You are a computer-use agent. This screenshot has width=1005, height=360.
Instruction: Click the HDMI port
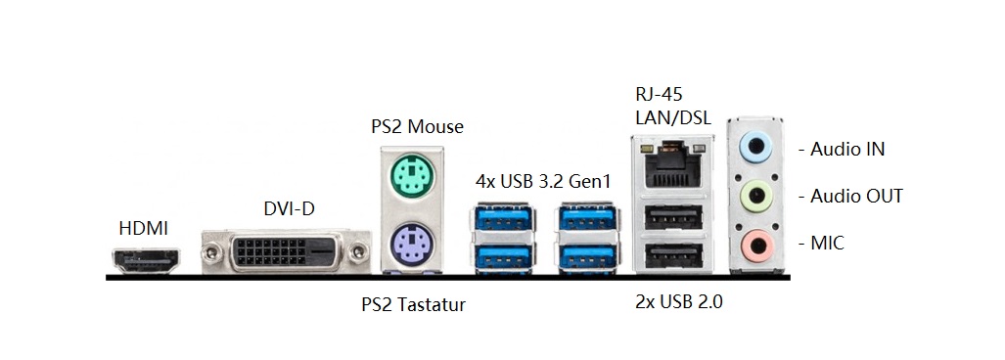144,261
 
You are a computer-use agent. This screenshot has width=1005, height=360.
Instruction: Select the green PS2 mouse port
409,180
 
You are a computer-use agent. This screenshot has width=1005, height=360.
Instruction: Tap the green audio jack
756,195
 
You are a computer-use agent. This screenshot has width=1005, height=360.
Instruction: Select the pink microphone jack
756,242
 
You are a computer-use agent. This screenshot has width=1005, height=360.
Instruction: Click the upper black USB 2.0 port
673,218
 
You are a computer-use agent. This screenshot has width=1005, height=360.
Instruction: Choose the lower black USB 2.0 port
673,256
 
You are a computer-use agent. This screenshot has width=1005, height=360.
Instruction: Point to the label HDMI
143,229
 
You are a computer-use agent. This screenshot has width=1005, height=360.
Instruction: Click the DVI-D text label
289,207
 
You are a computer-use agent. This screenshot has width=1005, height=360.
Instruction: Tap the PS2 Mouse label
417,126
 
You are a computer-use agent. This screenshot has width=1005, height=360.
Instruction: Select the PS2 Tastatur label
413,305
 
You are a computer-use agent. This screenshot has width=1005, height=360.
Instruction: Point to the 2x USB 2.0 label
678,302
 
